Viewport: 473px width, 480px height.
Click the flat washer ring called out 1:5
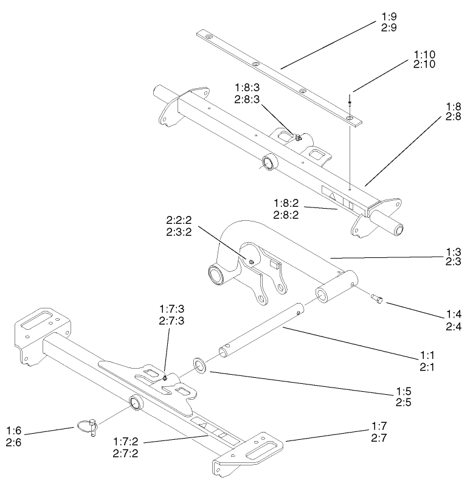[199, 366]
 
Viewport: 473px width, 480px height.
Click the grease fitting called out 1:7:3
[165, 378]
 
